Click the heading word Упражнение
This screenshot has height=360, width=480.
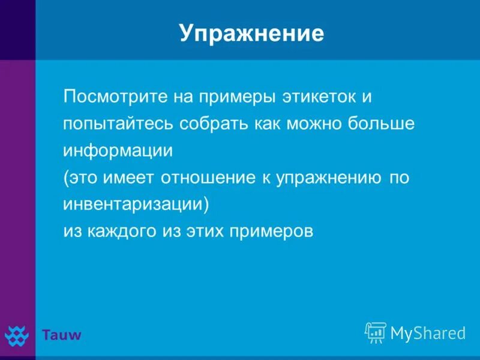251,34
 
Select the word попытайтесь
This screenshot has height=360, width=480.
118,124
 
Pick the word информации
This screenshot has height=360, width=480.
118,151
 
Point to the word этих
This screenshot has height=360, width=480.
202,232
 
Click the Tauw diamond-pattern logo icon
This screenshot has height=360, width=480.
17,335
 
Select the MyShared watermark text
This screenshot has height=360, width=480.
428,333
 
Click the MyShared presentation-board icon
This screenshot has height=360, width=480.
376,332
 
